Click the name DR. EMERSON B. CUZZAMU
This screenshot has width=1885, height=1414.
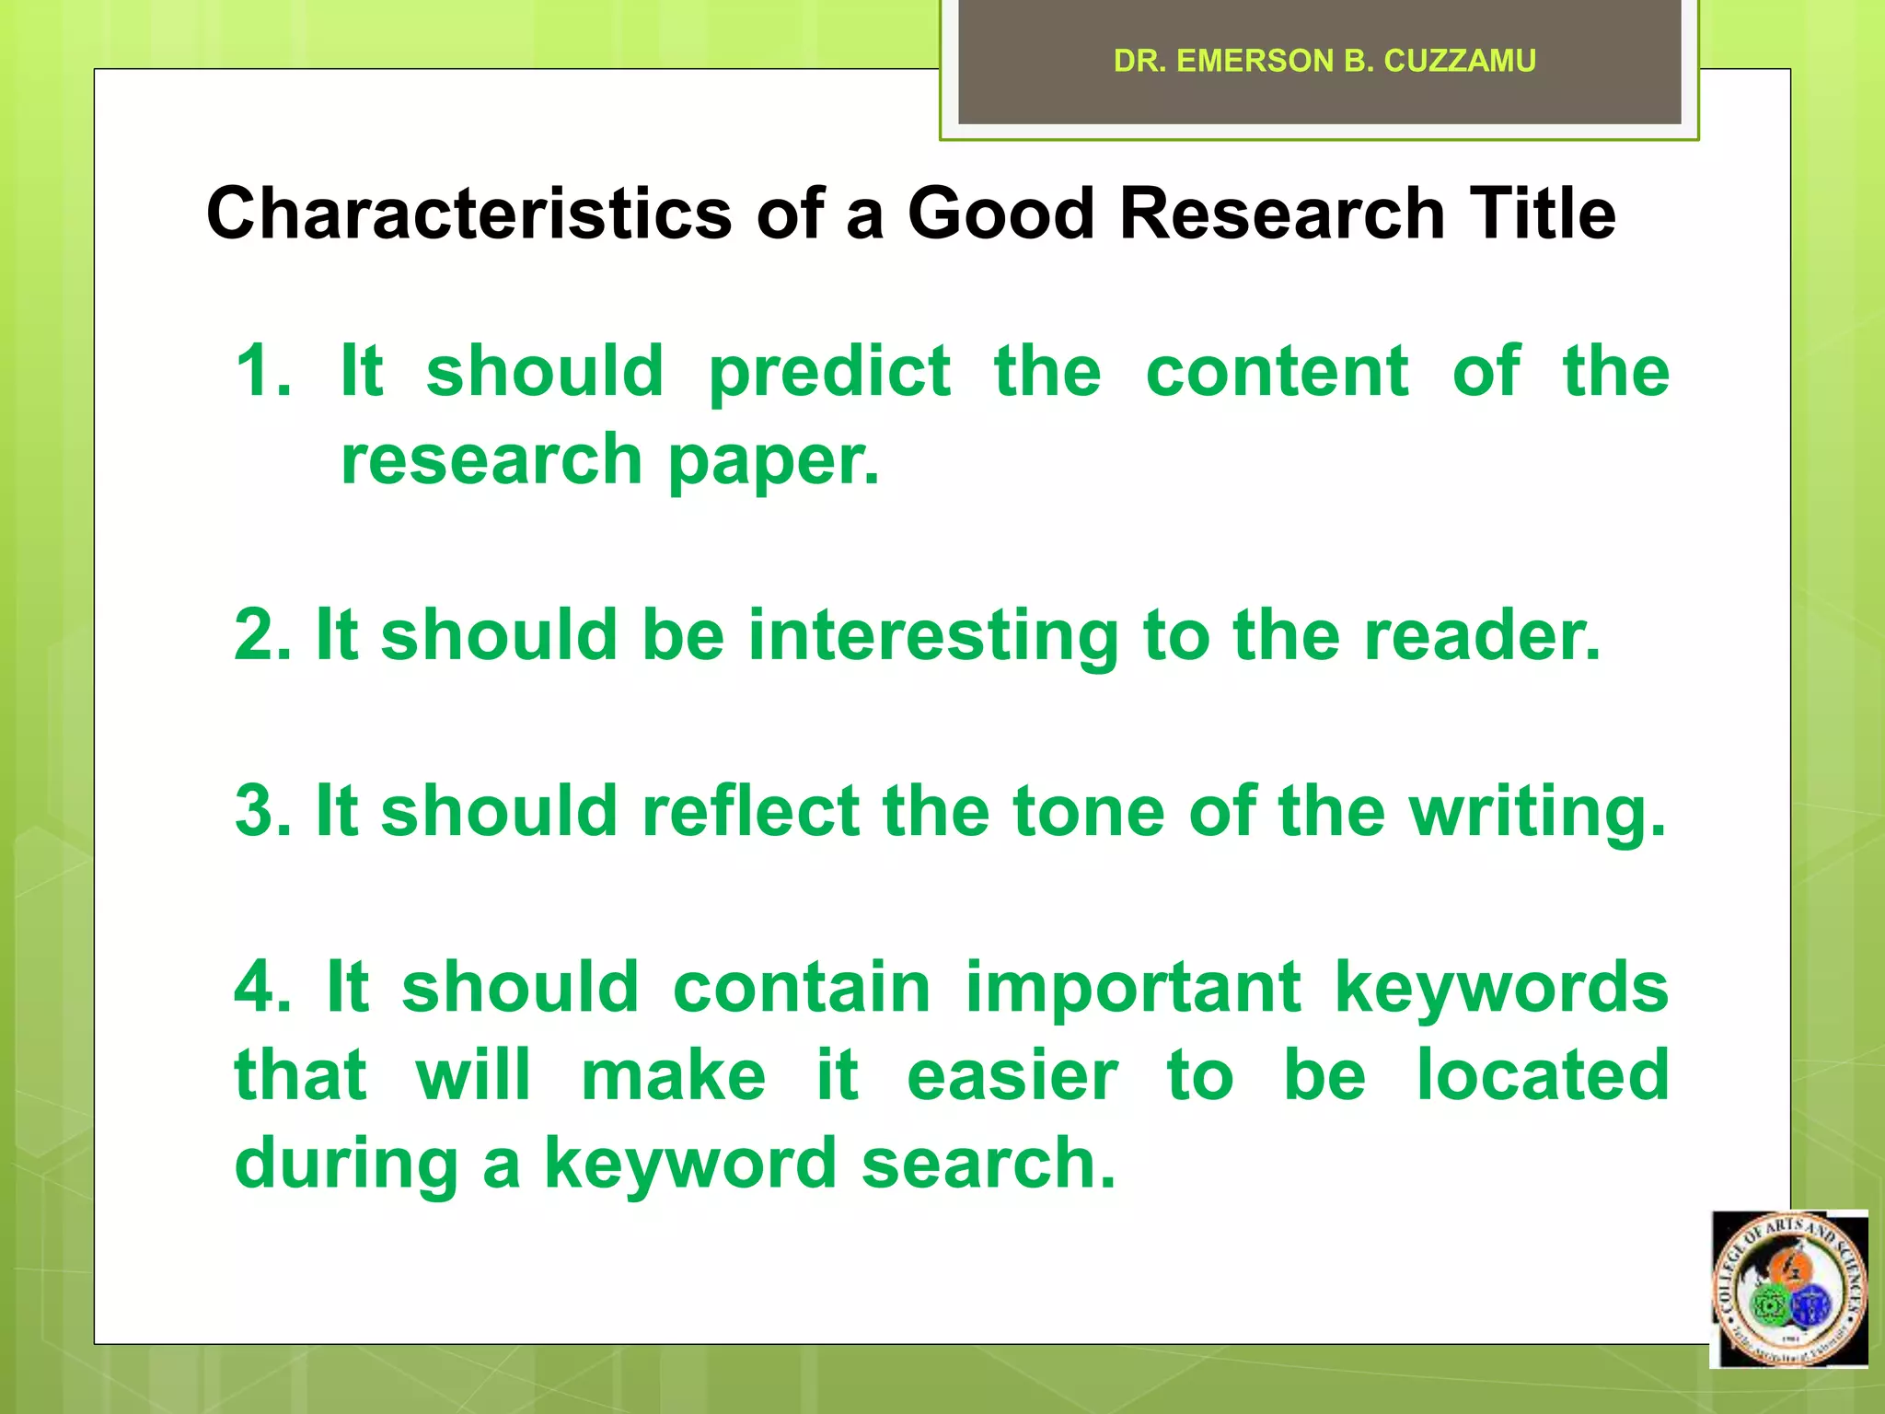click(1324, 61)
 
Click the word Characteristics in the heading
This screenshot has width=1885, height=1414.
click(468, 214)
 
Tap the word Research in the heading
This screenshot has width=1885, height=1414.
click(1281, 214)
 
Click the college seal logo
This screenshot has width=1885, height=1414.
click(1789, 1288)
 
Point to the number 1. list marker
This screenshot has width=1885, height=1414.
click(263, 371)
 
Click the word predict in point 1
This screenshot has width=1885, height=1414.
click(829, 373)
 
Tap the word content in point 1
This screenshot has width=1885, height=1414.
click(1277, 371)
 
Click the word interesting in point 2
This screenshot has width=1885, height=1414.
click(932, 637)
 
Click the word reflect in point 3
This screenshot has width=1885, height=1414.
click(750, 811)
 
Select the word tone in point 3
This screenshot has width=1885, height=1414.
click(1088, 811)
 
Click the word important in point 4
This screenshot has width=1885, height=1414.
click(1133, 988)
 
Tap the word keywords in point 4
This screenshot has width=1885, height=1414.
click(1501, 988)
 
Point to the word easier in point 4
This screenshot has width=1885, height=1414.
click(1012, 1075)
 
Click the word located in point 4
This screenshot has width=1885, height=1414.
click(1543, 1075)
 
